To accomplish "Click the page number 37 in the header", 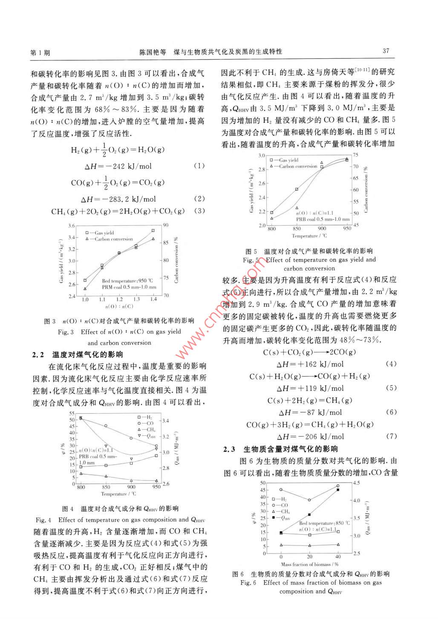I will point(386,51).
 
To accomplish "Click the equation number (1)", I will point(199,165).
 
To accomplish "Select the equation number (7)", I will point(391,436).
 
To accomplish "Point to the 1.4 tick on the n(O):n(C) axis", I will point(153,299).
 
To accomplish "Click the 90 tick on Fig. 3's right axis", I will point(165,225).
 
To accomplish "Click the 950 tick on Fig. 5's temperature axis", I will point(347,228).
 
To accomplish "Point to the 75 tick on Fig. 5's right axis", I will point(355,155).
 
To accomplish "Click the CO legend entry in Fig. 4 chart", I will point(150,423).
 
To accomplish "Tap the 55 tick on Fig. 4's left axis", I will point(72,413).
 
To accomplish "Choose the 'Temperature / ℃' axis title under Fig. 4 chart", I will point(118,494).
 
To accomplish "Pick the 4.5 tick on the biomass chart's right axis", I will point(356,483).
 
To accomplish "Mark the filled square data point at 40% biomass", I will point(338,490).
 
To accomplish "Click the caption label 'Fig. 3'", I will point(66,332).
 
